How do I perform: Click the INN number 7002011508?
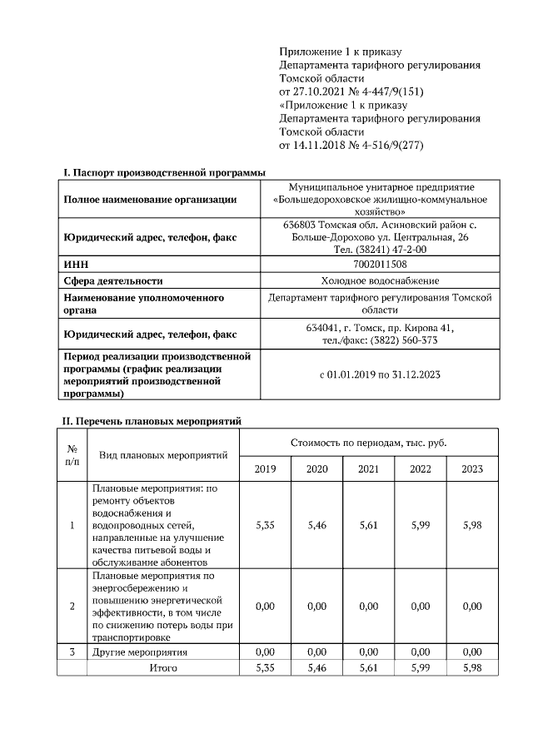(x=380, y=265)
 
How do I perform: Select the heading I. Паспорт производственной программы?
(x=164, y=172)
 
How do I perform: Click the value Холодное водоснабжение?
(x=380, y=281)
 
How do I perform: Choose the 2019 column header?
(x=265, y=469)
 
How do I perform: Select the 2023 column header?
(x=471, y=469)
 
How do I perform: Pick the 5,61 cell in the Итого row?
(x=368, y=667)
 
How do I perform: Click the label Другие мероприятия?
(x=140, y=651)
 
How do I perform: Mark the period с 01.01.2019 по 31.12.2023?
(x=380, y=374)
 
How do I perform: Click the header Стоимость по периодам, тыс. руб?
(x=368, y=443)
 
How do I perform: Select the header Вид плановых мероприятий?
(x=163, y=456)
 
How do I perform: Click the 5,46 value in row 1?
(x=316, y=526)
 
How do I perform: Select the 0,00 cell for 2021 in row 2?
(x=368, y=607)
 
